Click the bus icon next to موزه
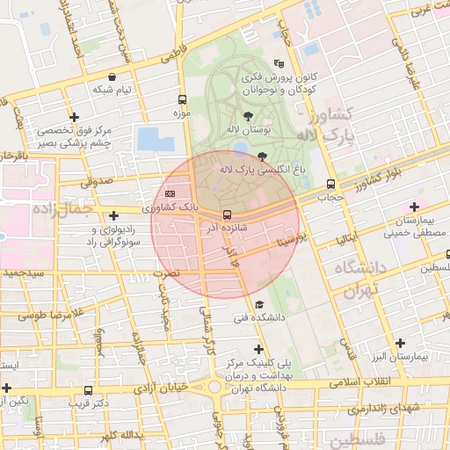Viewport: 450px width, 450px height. [x=182, y=99]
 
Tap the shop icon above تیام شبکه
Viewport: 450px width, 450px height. [x=112, y=77]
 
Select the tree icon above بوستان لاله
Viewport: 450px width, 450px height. [x=249, y=115]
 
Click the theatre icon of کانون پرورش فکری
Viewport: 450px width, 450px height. [x=279, y=63]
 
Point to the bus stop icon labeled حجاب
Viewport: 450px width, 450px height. [x=330, y=185]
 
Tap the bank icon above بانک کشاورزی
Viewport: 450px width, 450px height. [x=170, y=193]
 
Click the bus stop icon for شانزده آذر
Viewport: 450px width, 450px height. [x=228, y=215]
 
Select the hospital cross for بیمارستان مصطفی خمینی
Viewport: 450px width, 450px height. [x=413, y=207]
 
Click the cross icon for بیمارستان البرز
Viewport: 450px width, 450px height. [x=401, y=343]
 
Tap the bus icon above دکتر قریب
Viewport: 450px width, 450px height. [x=87, y=390]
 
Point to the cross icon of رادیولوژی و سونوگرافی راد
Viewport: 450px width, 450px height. [x=113, y=215]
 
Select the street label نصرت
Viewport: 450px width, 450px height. [x=166, y=273]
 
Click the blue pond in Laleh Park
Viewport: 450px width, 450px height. [x=150, y=139]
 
